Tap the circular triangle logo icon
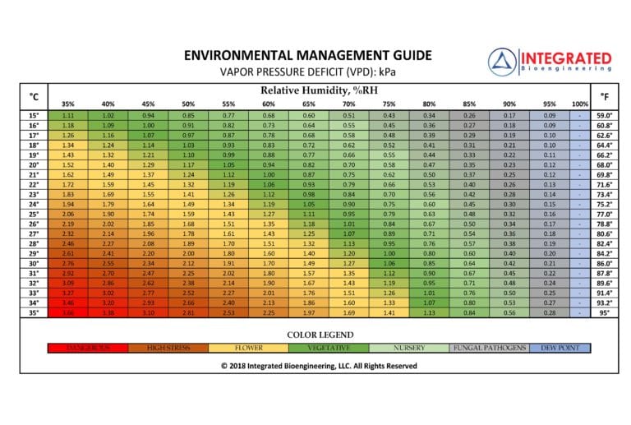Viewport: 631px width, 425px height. click(502, 62)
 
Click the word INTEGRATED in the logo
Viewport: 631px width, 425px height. click(567, 58)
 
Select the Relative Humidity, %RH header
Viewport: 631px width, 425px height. click(313, 90)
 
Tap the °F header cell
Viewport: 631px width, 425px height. click(604, 96)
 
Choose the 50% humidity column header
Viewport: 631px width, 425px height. click(188, 104)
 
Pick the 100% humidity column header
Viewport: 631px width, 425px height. click(580, 104)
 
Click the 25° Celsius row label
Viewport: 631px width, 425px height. click(34, 214)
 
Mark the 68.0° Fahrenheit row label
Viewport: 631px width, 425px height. click(604, 164)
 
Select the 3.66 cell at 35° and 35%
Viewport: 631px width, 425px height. click(68, 312)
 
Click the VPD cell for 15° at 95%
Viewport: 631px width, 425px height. click(549, 115)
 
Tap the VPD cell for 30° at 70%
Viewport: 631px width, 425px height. click(348, 263)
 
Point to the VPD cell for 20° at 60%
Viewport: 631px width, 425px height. click(268, 164)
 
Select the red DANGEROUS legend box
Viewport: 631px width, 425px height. click(86, 349)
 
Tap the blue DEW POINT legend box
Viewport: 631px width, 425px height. click(559, 349)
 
